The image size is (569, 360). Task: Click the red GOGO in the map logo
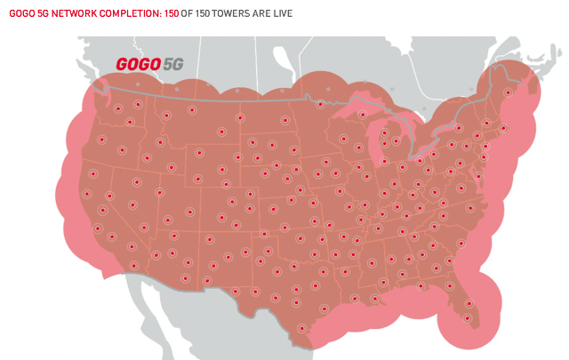coord(138,66)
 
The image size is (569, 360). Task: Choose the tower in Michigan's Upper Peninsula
coord(361,114)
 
